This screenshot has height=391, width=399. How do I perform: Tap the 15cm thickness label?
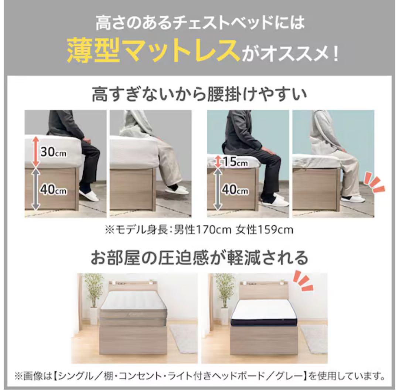(236, 161)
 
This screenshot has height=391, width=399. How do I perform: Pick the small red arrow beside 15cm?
(218, 161)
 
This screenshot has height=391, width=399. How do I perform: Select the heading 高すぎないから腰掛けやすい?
(199, 95)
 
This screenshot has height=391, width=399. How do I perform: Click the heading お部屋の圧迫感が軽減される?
(199, 258)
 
